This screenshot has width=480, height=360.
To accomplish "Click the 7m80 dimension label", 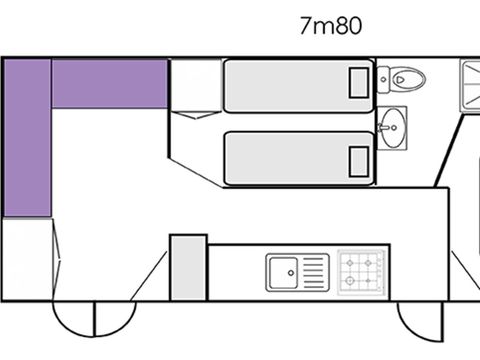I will pos(329,26).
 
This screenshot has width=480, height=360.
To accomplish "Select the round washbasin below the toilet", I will pos(393,126).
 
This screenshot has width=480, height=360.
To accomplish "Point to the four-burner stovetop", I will pos(362,270).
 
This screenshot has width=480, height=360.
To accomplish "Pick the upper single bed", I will pos(298,85).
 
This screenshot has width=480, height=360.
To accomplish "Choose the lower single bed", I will pos(298,157).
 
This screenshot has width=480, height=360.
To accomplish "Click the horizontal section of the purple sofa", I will pos(109,83).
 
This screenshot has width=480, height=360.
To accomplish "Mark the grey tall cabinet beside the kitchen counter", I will pos(188,266).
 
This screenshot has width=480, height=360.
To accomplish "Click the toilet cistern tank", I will pos(385,76).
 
